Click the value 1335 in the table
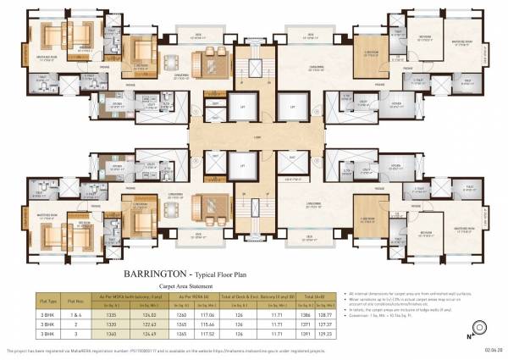(x=109, y=313)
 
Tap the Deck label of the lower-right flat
(x=311, y=234)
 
